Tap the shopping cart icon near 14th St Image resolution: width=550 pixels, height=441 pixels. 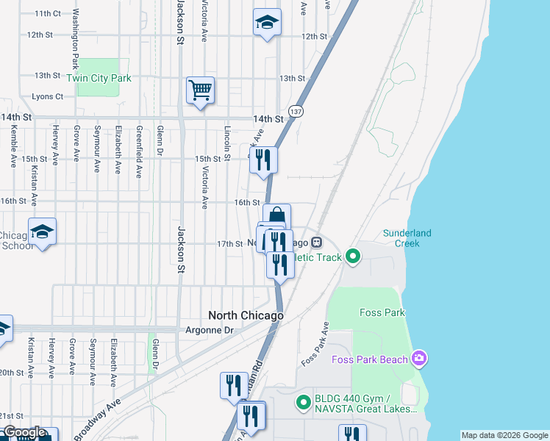(x=200, y=90)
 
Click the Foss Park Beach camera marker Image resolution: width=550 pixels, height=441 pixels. (x=419, y=358)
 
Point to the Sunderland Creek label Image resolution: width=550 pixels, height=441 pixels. (x=407, y=238)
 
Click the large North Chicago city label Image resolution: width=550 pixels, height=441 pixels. (x=246, y=315)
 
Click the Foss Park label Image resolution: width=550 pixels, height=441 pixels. (x=382, y=312)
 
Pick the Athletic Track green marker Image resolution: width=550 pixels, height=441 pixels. (x=353, y=257)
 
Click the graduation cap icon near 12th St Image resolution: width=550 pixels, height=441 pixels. (x=267, y=22)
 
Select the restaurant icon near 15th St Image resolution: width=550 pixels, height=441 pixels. (x=263, y=159)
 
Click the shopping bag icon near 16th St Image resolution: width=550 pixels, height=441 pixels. (x=277, y=217)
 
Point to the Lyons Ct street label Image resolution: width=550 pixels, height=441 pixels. (x=48, y=96)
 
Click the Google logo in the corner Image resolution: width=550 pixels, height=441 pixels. (x=24, y=433)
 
